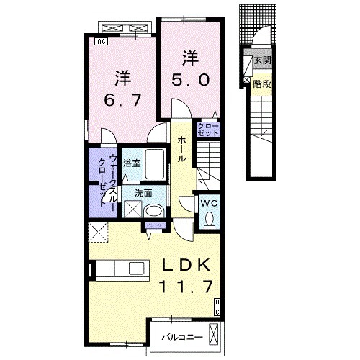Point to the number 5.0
[x=191, y=80]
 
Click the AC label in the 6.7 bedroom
[x=102, y=41]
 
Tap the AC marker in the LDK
[x=217, y=310]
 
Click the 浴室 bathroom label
[x=131, y=162]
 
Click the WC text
[x=208, y=204]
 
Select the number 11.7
[x=183, y=287]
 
